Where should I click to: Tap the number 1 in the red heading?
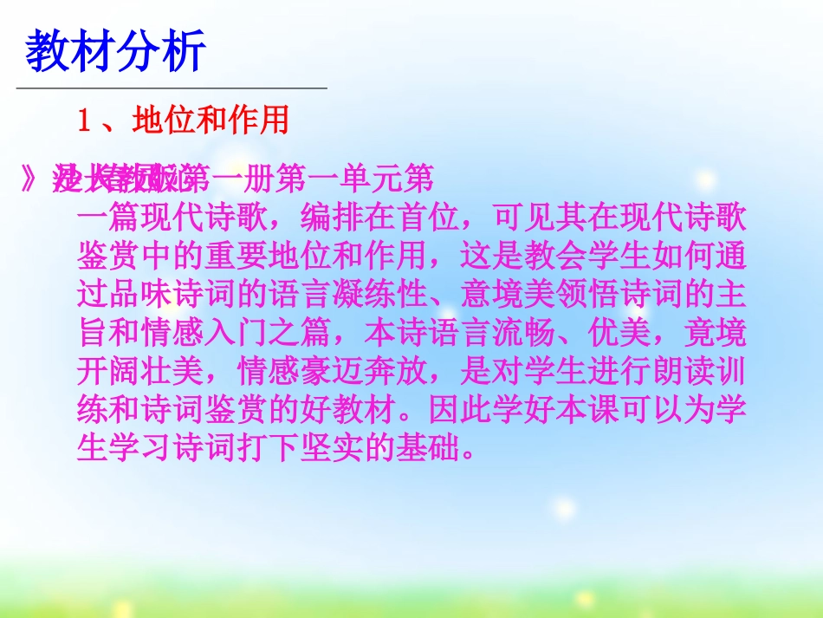pyautogui.click(x=85, y=120)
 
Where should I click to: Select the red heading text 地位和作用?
pyautogui.click(x=211, y=120)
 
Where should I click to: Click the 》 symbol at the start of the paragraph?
pyautogui.click(x=31, y=179)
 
